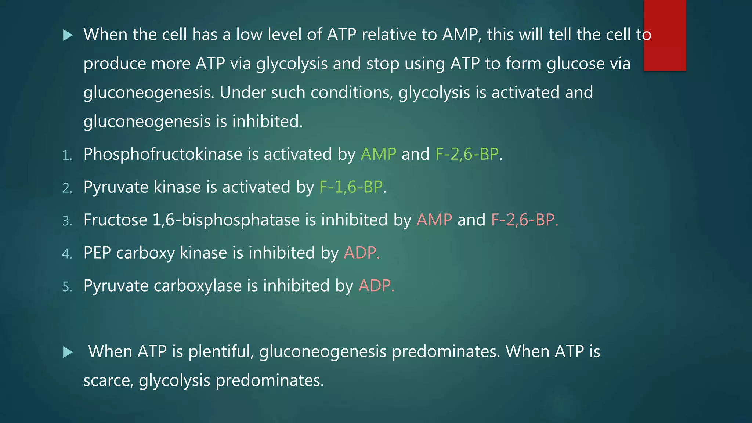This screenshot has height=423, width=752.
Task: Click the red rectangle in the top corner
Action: tap(665, 35)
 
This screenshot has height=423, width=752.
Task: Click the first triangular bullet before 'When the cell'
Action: tap(68, 35)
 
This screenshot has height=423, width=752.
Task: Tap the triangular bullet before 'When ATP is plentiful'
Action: tap(68, 352)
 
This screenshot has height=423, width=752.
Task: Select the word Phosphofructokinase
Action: tap(163, 154)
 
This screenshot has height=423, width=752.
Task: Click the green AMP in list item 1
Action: tap(378, 154)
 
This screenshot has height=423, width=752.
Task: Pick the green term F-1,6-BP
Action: tap(351, 187)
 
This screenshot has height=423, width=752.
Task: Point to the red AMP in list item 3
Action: tap(434, 220)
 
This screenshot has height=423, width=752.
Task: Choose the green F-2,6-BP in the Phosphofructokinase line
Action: tap(467, 154)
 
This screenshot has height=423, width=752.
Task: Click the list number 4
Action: tap(67, 254)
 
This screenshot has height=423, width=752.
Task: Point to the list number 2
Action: tap(67, 188)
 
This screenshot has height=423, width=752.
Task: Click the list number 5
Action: tap(67, 287)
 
